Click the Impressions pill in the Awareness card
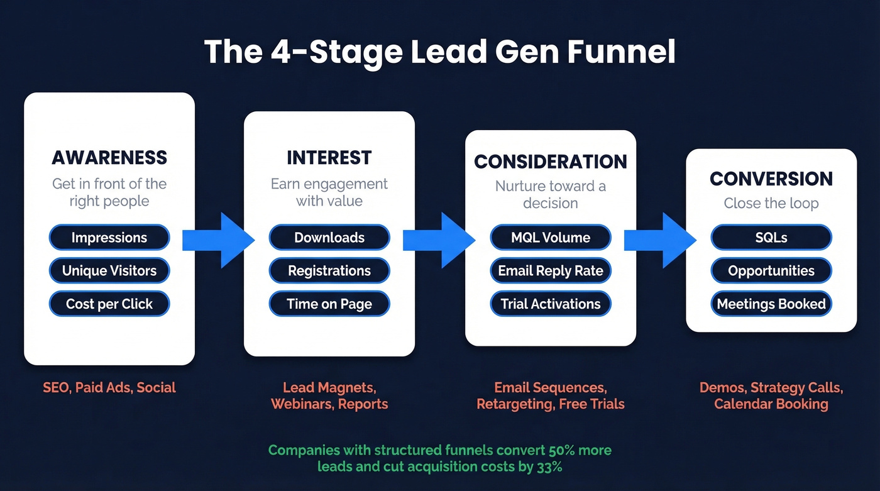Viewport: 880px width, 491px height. click(109, 238)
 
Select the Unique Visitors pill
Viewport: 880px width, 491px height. click(109, 271)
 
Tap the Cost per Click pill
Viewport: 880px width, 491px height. click(109, 304)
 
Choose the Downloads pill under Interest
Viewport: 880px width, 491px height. click(329, 238)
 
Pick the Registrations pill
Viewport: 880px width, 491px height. click(329, 271)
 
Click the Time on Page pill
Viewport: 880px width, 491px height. click(329, 304)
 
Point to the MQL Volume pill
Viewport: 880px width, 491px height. click(551, 238)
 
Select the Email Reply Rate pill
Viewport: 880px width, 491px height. click(551, 271)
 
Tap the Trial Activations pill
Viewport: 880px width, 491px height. click(551, 304)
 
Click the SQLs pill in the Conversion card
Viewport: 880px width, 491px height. click(771, 238)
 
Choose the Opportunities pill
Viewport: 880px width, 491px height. click(771, 271)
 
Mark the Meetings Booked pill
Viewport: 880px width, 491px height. click(771, 304)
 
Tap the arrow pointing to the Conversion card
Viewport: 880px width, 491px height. click(661, 240)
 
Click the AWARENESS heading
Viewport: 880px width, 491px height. click(109, 157)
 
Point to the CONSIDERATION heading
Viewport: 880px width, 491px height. click(551, 162)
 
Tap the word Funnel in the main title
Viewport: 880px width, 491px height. click(622, 53)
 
